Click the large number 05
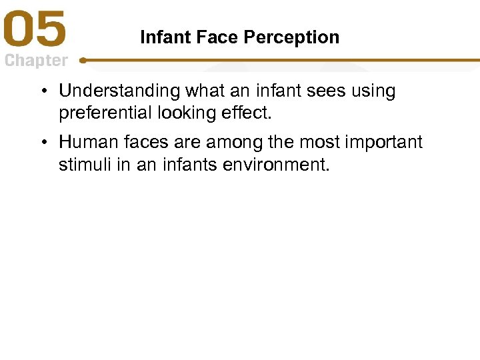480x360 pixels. coord(35,29)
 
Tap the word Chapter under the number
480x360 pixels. coord(36,61)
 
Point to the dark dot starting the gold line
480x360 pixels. coord(83,60)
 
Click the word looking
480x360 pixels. coord(184,113)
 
